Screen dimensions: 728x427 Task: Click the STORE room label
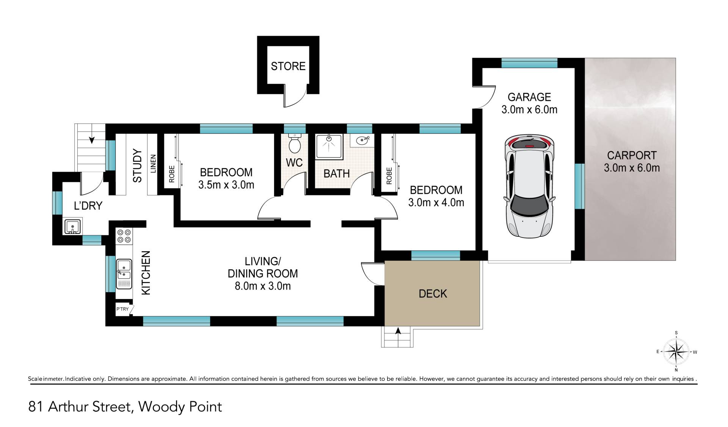coord(288,66)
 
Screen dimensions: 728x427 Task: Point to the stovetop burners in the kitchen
coord(124,236)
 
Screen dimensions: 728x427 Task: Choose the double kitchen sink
coord(124,274)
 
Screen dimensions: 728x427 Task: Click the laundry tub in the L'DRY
coord(72,227)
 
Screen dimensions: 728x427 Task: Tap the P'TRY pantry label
coord(122,309)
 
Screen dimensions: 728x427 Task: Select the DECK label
coord(433,294)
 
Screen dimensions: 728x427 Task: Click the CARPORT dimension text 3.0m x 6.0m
coord(632,168)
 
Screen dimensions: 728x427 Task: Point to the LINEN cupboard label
coord(153,164)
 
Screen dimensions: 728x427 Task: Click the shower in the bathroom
coord(329,146)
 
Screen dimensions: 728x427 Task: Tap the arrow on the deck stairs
coord(398,331)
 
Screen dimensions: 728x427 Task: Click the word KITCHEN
coord(146,273)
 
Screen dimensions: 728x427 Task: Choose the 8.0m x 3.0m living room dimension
coord(263,286)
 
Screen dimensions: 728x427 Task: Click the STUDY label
coord(137,166)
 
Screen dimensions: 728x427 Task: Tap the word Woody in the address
coord(162,407)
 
